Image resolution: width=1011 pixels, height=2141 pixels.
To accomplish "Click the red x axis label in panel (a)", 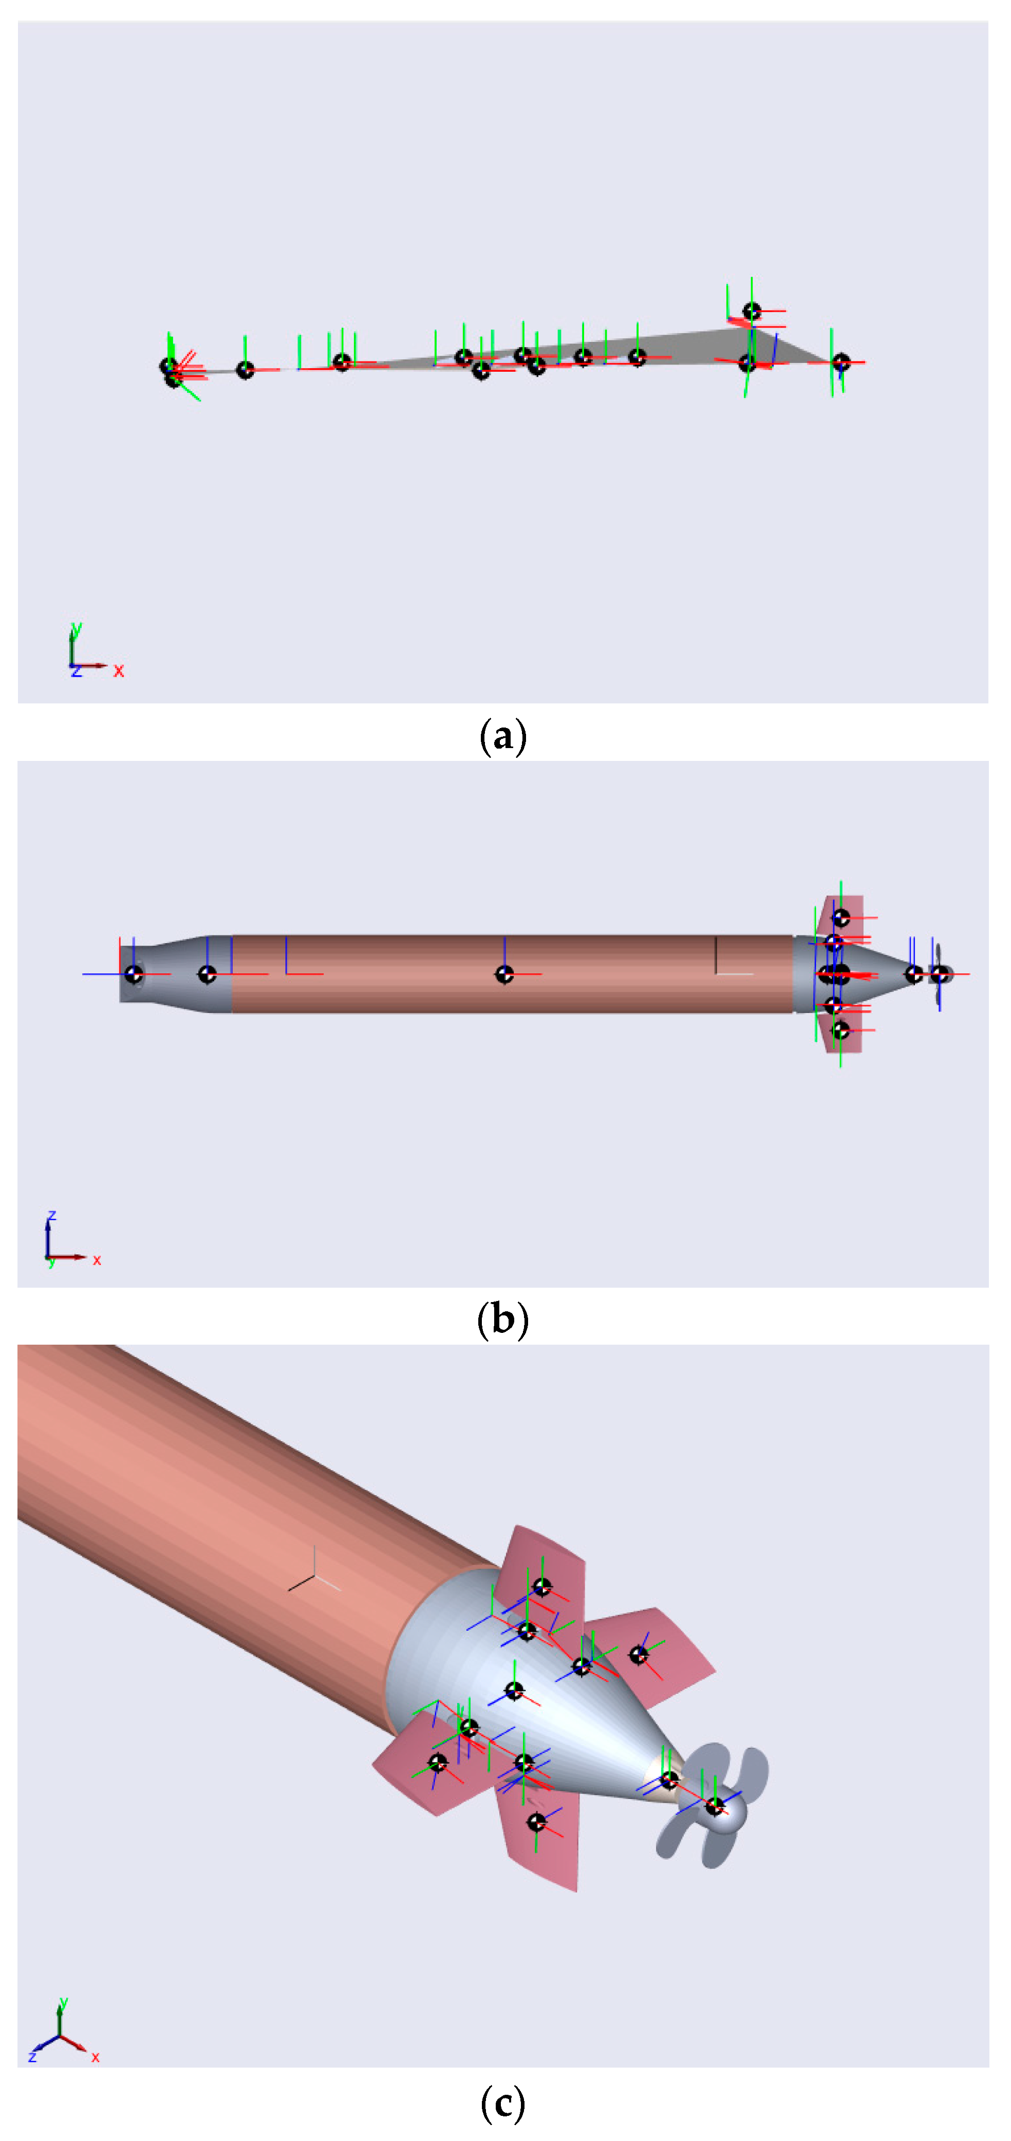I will coord(119,671).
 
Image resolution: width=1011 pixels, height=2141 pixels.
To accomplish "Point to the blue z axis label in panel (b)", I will coord(51,1216).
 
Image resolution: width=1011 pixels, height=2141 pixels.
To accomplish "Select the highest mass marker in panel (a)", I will coord(752,312).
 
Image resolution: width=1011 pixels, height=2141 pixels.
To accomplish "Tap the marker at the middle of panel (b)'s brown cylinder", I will coord(504,974).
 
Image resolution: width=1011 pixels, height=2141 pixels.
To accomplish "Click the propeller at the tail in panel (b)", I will coord(940,974).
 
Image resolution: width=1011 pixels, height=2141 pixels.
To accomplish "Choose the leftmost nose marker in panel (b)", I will coord(133,974).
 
